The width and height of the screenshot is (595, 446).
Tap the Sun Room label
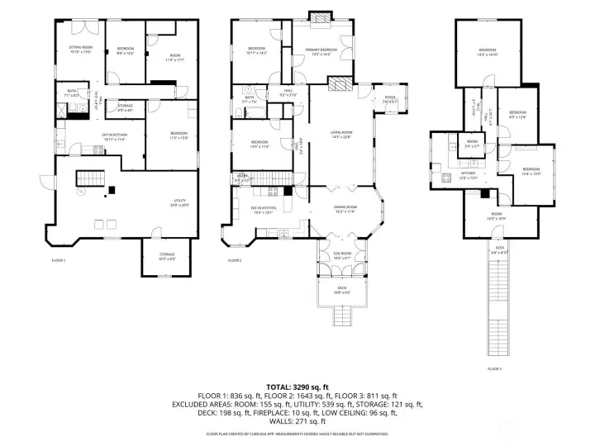[341, 255]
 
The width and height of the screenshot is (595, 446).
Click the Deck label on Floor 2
[341, 289]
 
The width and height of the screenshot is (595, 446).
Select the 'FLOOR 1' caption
[58, 260]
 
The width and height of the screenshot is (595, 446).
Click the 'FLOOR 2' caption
[235, 260]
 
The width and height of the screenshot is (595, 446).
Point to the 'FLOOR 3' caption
[495, 368]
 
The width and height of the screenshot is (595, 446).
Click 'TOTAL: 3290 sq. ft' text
[297, 387]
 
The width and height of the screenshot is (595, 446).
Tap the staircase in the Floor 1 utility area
[88, 178]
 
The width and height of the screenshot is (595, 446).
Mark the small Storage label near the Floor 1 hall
[125, 107]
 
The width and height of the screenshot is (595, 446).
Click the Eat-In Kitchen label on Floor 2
[262, 211]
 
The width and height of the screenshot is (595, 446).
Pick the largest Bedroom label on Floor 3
[487, 53]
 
